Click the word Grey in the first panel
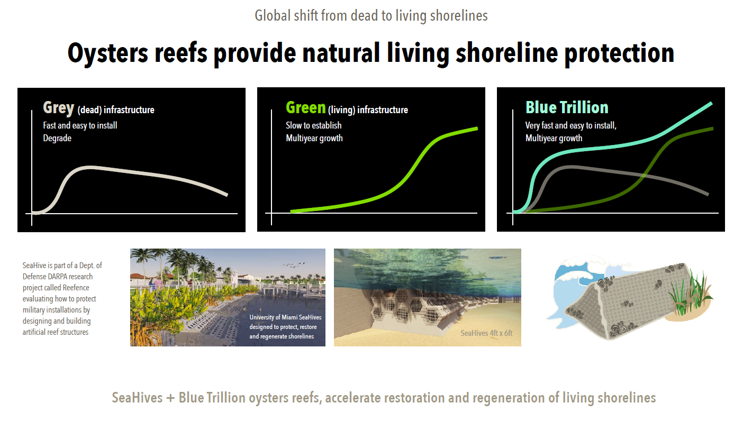click(x=58, y=108)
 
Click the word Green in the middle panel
click(x=305, y=108)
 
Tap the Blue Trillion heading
click(x=567, y=107)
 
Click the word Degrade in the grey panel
click(x=57, y=138)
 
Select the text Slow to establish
click(x=313, y=125)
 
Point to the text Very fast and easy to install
click(x=570, y=126)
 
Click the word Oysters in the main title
click(x=107, y=53)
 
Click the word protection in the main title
click(x=620, y=53)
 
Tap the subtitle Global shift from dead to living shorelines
click(x=371, y=15)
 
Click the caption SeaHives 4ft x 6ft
click(x=486, y=333)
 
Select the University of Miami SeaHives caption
click(x=285, y=326)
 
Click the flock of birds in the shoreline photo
click(x=294, y=264)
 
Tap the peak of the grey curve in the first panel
click(x=89, y=168)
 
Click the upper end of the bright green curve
click(x=477, y=129)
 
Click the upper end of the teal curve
click(x=711, y=104)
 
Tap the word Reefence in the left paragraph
click(x=76, y=287)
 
